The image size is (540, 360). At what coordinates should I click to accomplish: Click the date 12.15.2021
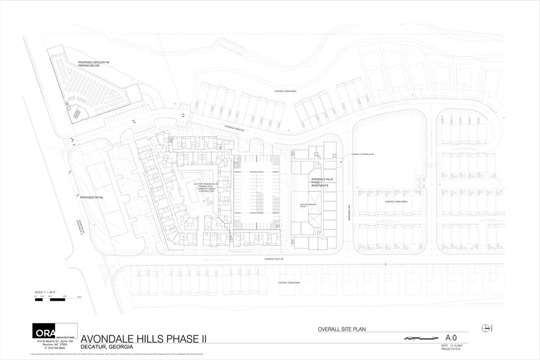454,346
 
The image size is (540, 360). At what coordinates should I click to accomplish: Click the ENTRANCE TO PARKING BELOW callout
359,154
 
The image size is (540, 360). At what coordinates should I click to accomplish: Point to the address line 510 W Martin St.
56,341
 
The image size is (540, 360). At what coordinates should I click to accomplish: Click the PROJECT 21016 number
454,350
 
